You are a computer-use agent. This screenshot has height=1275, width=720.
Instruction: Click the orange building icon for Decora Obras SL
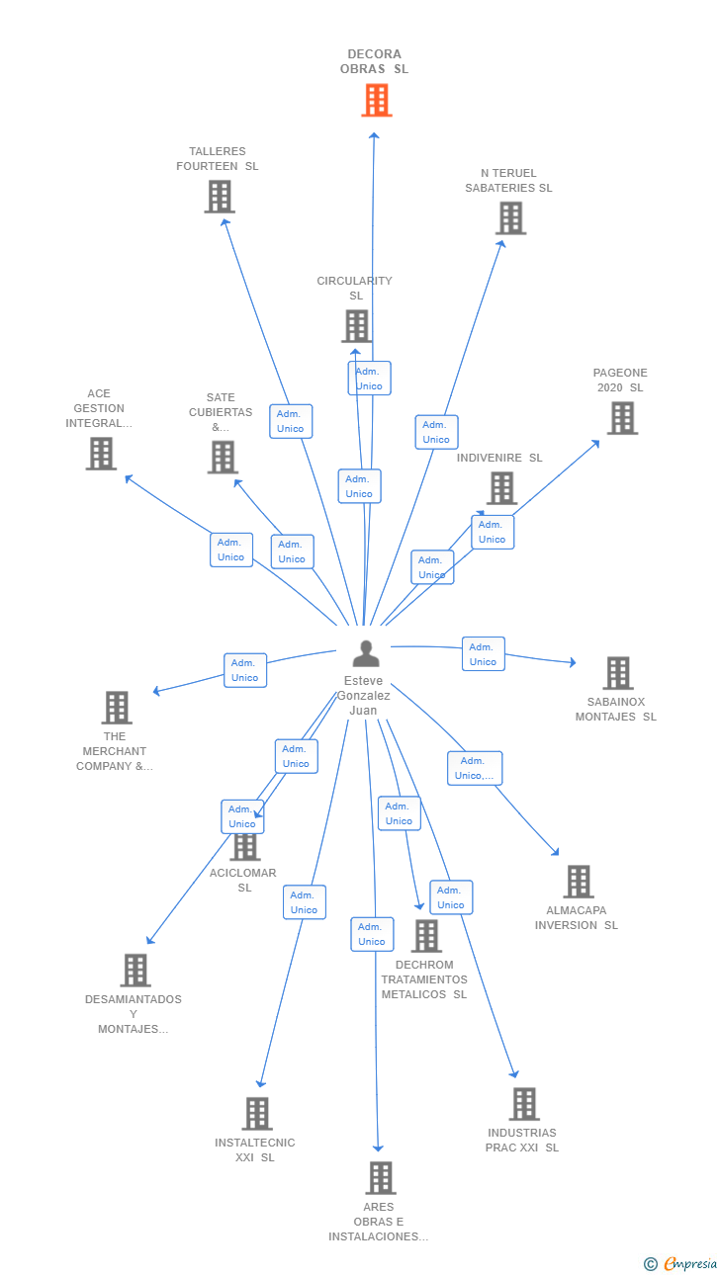click(x=377, y=100)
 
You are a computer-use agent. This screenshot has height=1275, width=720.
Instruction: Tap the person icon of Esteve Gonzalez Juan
click(x=366, y=653)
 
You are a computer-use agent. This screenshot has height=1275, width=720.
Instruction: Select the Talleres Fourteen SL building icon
click(x=220, y=197)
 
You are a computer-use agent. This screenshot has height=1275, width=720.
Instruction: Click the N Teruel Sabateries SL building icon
click(x=510, y=218)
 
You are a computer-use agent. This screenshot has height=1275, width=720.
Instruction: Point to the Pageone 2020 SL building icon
click(x=623, y=418)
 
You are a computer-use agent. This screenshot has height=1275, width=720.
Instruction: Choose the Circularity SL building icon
click(x=357, y=326)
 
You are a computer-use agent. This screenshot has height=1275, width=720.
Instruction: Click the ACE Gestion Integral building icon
click(x=102, y=454)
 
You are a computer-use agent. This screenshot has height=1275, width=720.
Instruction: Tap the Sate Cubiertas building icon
click(x=223, y=458)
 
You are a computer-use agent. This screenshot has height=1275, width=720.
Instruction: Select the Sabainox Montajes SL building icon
click(x=618, y=673)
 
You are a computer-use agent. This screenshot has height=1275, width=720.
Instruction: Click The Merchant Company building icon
click(x=117, y=708)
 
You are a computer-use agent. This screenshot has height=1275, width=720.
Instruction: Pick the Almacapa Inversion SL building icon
click(x=579, y=882)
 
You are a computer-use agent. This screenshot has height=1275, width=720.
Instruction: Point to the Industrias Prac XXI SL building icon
click(x=524, y=1104)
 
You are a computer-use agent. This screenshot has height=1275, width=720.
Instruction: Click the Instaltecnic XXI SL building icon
click(x=257, y=1114)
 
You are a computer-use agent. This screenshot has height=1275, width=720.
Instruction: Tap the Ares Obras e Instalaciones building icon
click(x=381, y=1178)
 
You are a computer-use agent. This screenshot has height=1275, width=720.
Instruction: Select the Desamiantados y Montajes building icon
click(x=135, y=971)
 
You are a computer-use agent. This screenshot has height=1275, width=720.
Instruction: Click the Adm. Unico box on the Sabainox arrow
click(x=484, y=654)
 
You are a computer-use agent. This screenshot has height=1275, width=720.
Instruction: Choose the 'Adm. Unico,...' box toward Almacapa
click(x=475, y=768)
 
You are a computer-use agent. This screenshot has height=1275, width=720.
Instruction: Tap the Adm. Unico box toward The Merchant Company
click(x=245, y=670)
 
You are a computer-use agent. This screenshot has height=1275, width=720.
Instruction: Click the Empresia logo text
click(x=690, y=1263)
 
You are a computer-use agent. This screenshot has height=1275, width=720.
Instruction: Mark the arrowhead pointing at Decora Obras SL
click(x=374, y=135)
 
